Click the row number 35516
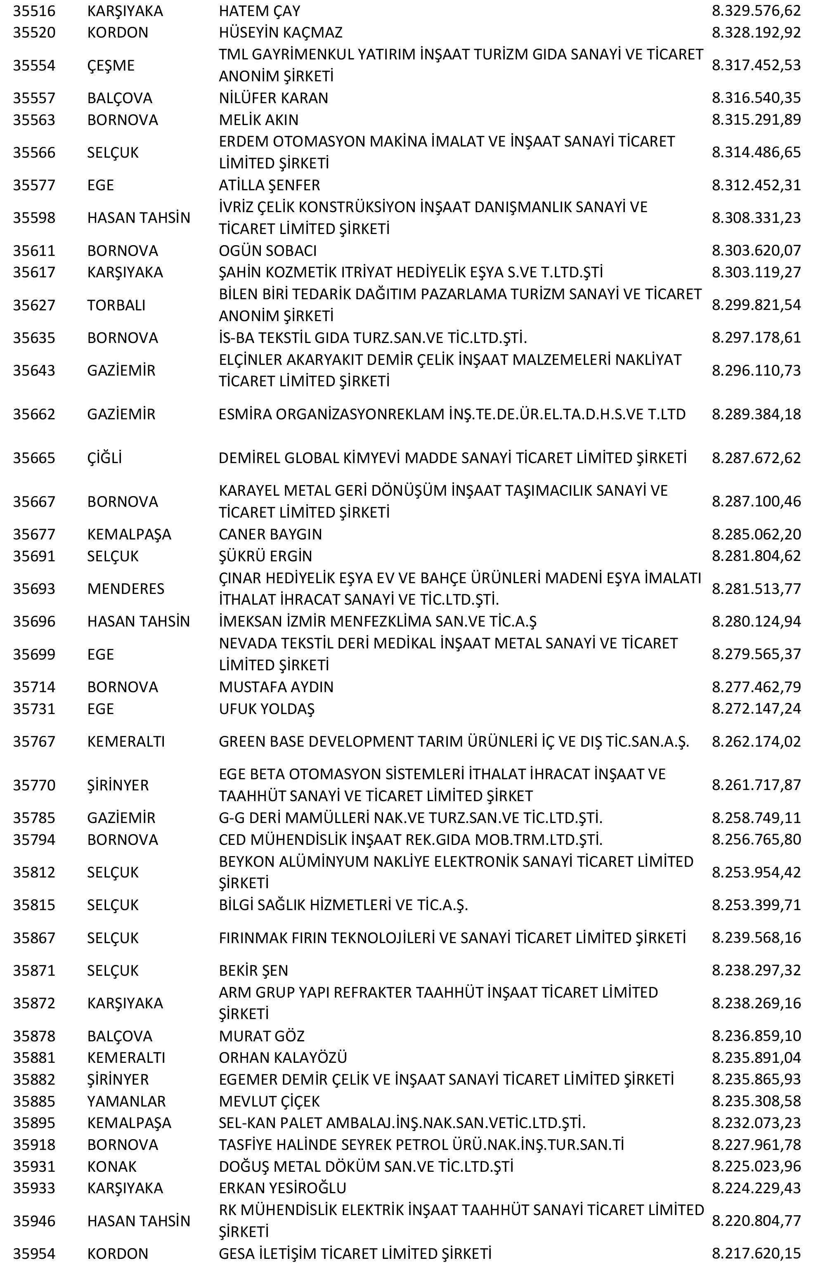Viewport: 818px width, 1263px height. [34, 11]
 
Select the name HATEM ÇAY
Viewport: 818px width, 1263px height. [260, 11]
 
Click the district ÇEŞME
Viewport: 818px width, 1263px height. [111, 66]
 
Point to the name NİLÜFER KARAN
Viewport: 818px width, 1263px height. [273, 98]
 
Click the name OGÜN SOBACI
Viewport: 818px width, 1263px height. [267, 251]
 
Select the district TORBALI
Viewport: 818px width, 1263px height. [116, 305]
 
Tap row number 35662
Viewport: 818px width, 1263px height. [34, 414]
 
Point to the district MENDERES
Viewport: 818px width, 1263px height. [126, 589]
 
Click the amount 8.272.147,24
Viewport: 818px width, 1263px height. [756, 708]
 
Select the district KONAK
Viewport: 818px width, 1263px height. [111, 1166]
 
